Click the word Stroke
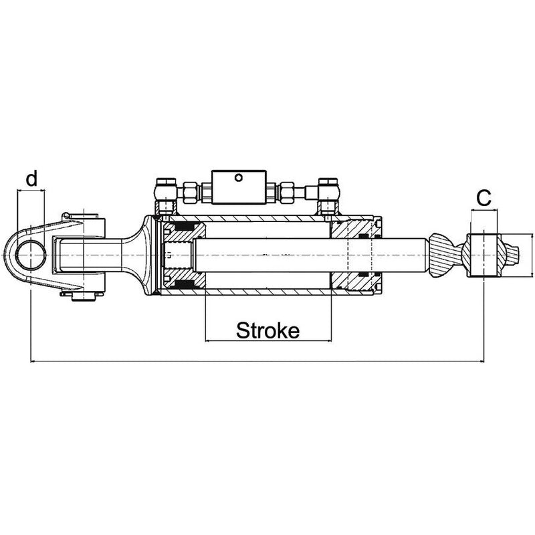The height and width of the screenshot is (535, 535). coord(268,330)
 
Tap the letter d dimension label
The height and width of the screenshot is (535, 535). coord(31,179)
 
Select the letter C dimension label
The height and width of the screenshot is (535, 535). coord(484,197)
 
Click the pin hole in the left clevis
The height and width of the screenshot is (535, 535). coord(31,255)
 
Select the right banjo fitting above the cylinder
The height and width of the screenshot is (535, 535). coord(328,194)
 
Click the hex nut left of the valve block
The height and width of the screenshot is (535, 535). coord(191,191)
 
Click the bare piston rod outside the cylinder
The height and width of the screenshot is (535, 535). coord(405,255)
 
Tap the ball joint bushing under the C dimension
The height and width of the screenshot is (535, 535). coord(484,255)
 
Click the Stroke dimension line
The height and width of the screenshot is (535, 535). coord(268,341)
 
